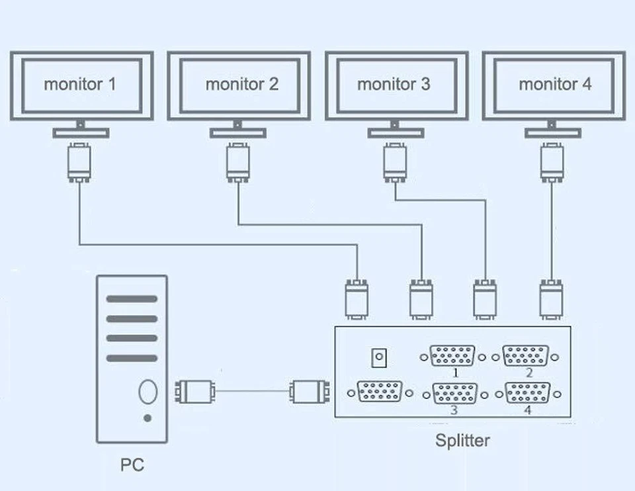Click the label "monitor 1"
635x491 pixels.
pyautogui.click(x=80, y=85)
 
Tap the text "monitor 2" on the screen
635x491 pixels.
pyautogui.click(x=241, y=85)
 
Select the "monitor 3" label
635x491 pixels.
pyautogui.click(x=394, y=85)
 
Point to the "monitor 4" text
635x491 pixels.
pyautogui.click(x=555, y=85)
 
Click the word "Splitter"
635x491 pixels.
pyautogui.click(x=462, y=441)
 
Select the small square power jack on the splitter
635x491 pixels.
pyautogui.click(x=379, y=359)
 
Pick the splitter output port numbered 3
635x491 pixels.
pyautogui.click(x=453, y=395)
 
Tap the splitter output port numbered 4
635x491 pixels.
pyautogui.click(x=527, y=395)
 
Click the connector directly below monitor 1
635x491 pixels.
pyautogui.click(x=79, y=162)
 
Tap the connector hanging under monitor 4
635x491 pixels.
pyautogui.click(x=552, y=162)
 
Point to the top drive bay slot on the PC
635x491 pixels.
pyautogui.click(x=132, y=299)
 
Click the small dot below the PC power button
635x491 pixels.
pyautogui.click(x=147, y=418)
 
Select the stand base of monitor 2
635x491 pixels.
pyautogui.click(x=238, y=133)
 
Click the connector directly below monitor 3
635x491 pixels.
pyautogui.click(x=395, y=162)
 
